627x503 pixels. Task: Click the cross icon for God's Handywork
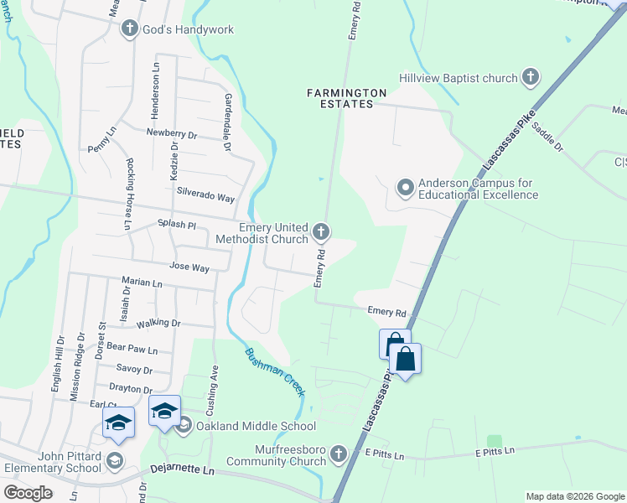[x=129, y=29]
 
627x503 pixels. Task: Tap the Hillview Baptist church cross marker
[x=530, y=78]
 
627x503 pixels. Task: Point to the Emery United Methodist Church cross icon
[x=320, y=231]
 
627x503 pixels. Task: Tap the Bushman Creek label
[x=272, y=367]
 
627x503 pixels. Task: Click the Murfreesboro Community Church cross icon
[x=339, y=454]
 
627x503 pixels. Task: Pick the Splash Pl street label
[x=176, y=225]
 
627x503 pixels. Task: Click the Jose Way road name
[x=189, y=267]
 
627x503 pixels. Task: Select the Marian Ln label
[x=142, y=283]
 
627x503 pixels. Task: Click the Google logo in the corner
[x=28, y=492]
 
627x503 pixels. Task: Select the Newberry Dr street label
[x=171, y=133]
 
